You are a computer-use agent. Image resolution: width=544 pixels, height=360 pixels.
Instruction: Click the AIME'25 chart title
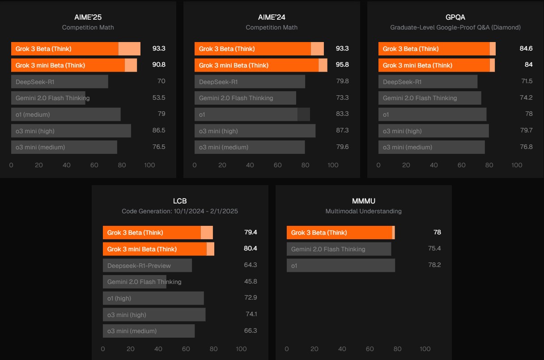[88, 17]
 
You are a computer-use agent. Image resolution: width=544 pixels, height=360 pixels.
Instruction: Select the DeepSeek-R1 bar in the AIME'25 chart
[59, 81]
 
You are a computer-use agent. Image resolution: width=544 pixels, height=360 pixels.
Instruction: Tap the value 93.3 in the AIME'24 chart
[342, 48]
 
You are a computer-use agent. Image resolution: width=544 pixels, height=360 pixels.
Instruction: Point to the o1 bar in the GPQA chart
[432, 114]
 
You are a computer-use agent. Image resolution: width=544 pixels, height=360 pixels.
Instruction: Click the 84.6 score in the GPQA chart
[526, 48]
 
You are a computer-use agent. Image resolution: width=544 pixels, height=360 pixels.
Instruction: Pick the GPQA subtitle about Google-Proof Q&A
[455, 27]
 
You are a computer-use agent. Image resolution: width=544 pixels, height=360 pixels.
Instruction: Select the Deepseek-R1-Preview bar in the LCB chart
[147, 265]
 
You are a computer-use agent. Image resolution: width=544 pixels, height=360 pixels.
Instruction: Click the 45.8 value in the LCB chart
[251, 281]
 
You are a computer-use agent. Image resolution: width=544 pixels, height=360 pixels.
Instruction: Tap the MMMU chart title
[364, 201]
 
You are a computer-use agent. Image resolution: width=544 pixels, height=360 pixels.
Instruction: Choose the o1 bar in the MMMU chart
[341, 265]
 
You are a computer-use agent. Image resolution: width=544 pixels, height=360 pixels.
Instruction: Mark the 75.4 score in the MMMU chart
[434, 248]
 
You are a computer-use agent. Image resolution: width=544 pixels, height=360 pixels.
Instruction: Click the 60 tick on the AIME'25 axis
[94, 165]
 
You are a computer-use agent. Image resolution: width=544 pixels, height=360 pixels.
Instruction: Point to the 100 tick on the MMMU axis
[425, 349]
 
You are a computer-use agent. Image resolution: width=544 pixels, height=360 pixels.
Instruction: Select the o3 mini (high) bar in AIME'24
[255, 131]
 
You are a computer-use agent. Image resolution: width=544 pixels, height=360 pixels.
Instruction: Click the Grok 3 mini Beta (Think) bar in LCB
[158, 249]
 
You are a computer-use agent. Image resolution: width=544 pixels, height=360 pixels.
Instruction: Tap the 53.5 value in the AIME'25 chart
[158, 97]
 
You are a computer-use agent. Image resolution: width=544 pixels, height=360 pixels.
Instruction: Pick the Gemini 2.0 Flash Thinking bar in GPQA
[429, 98]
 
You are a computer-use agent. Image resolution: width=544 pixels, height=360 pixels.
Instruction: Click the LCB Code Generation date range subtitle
[180, 211]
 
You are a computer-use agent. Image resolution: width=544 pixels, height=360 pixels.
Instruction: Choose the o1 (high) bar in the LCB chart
[153, 298]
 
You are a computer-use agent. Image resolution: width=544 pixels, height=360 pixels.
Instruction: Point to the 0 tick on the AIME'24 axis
[194, 165]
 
